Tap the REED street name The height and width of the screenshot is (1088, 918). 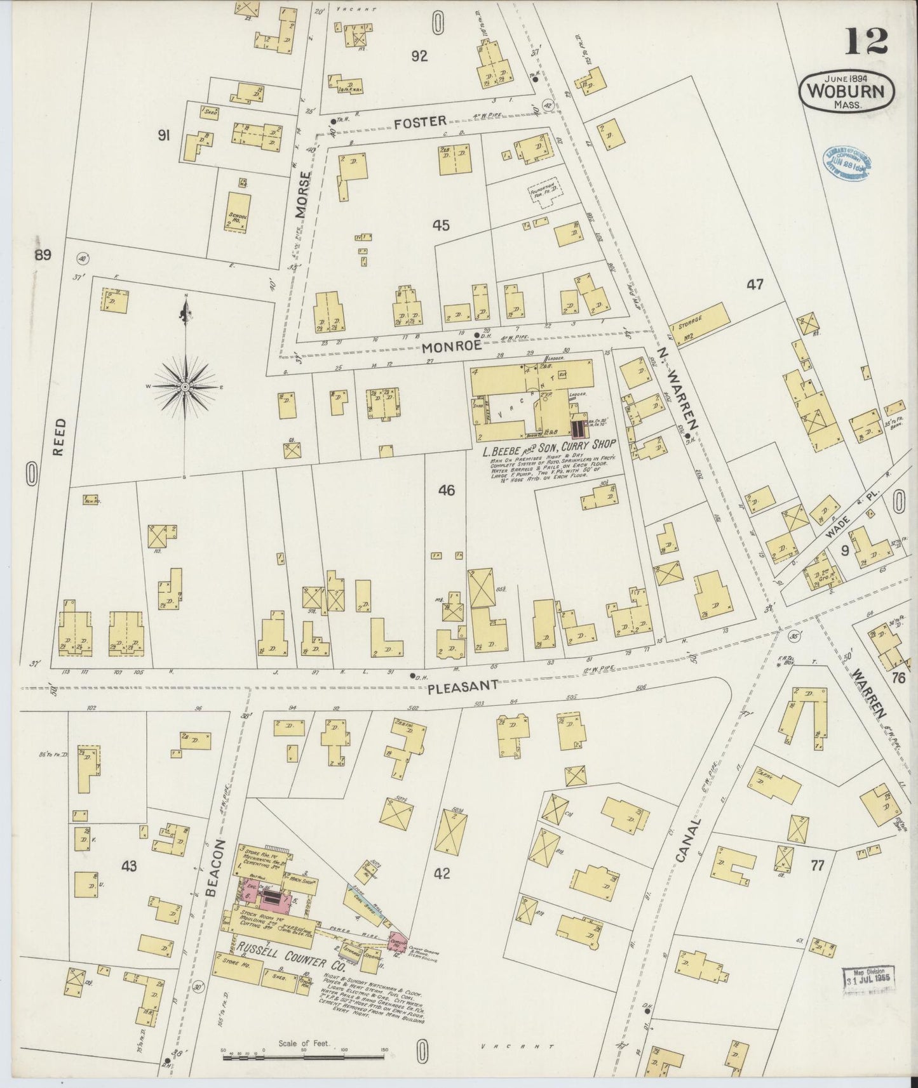click(58, 436)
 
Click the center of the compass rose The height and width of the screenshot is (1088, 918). click(185, 386)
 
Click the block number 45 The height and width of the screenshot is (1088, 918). click(441, 225)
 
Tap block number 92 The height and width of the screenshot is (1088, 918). click(419, 56)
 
